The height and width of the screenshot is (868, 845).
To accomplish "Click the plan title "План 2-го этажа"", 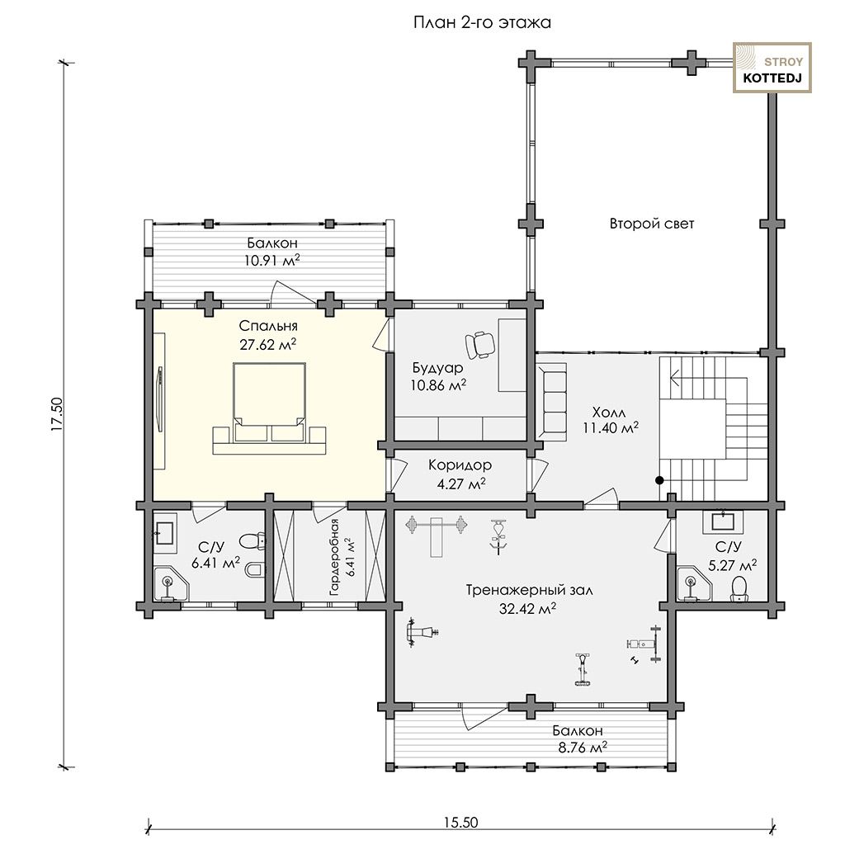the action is pyautogui.click(x=482, y=23).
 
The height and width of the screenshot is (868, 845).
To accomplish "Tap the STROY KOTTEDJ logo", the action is pyautogui.click(x=772, y=68).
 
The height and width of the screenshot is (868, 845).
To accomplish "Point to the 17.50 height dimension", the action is pyautogui.click(x=59, y=414).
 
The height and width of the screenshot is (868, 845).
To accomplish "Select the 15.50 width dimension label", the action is pyautogui.click(x=460, y=822).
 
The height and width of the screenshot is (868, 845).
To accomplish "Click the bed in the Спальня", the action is pyautogui.click(x=270, y=408).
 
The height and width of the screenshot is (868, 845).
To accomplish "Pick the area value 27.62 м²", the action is pyautogui.click(x=268, y=344).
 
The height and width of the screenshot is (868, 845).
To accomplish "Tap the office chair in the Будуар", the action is pyautogui.click(x=480, y=344).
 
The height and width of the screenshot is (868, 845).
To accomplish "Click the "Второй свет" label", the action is pyautogui.click(x=652, y=224).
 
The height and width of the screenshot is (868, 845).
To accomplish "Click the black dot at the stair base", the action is pyautogui.click(x=659, y=480).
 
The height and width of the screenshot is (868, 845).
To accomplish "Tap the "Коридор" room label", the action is pyautogui.click(x=460, y=465).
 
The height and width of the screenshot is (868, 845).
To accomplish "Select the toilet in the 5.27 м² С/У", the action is pyautogui.click(x=739, y=589).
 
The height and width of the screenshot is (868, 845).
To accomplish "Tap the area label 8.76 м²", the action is pyautogui.click(x=583, y=748).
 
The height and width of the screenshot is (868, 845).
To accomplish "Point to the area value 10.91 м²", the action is pyautogui.click(x=272, y=260).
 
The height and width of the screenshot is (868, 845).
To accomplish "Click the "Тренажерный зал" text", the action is pyautogui.click(x=529, y=590).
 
